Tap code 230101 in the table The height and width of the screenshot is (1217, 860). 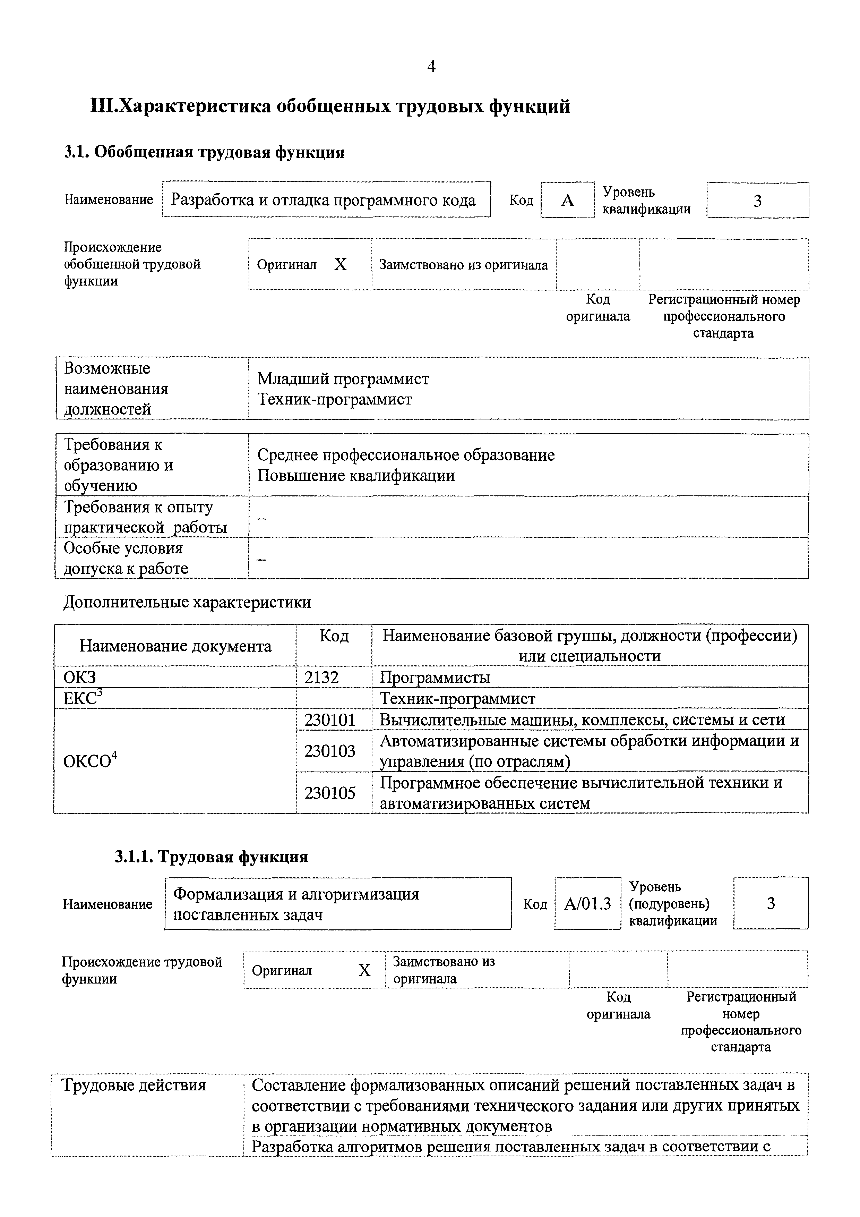click(329, 720)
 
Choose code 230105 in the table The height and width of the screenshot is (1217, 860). click(329, 793)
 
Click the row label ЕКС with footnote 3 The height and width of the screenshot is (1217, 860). click(82, 699)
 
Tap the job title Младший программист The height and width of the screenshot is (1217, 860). click(343, 378)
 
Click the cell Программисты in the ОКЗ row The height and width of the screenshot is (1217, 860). click(435, 678)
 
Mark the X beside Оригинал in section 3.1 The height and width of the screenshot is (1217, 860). click(340, 264)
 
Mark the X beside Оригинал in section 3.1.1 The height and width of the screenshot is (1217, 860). click(364, 971)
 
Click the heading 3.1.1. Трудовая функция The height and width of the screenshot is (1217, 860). click(211, 857)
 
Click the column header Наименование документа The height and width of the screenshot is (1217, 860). click(175, 646)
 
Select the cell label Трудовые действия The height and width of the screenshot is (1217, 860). click(134, 1085)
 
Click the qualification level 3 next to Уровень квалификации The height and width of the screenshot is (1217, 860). click(757, 201)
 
